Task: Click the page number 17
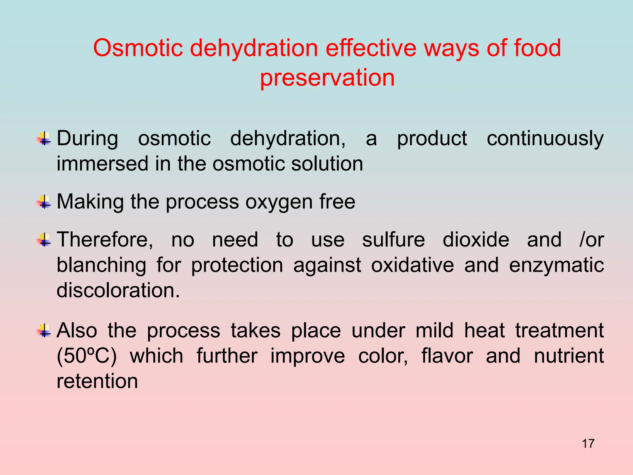[x=588, y=443]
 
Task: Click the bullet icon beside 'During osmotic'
[x=45, y=139]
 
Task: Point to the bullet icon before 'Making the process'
[x=45, y=202]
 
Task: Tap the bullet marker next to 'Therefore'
[x=45, y=240]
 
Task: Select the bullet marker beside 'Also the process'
[x=45, y=331]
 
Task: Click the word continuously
[x=545, y=139]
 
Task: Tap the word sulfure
[x=393, y=240]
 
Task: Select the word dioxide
[x=476, y=240]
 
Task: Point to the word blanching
[x=101, y=265]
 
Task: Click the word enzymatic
[x=556, y=265]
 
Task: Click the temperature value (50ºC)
[x=87, y=356]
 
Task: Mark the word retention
[x=97, y=381]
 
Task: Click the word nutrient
[x=569, y=356]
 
